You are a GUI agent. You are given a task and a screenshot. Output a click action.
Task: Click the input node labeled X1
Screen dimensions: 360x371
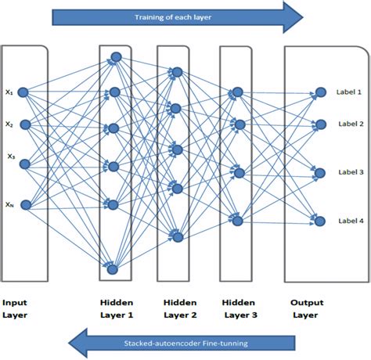click(x=24, y=92)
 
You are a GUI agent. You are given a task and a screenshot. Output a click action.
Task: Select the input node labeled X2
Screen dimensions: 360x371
click(x=24, y=124)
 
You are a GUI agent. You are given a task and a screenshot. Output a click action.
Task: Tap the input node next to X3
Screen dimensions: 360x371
click(x=24, y=164)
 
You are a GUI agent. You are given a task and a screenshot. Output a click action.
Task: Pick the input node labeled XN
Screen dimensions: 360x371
click(x=24, y=205)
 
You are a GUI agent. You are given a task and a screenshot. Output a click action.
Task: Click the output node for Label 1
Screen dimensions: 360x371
click(x=319, y=92)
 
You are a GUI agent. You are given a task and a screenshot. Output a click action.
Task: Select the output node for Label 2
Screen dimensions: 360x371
click(x=319, y=124)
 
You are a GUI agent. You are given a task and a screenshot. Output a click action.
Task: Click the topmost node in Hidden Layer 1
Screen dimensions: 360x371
click(x=115, y=56)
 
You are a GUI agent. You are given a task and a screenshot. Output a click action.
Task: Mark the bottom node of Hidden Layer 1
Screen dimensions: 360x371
click(x=113, y=269)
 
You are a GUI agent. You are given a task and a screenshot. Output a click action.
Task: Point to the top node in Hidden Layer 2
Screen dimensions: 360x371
click(x=177, y=73)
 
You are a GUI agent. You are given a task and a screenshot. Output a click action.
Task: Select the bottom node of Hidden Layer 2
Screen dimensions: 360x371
click(x=176, y=236)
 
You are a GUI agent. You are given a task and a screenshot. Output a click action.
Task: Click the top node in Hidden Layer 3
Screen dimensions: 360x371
click(x=238, y=92)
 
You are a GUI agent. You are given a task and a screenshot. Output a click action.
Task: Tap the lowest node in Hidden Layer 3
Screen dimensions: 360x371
click(x=238, y=221)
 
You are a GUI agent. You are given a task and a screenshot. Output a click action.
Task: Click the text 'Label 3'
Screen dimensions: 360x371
click(x=350, y=172)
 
